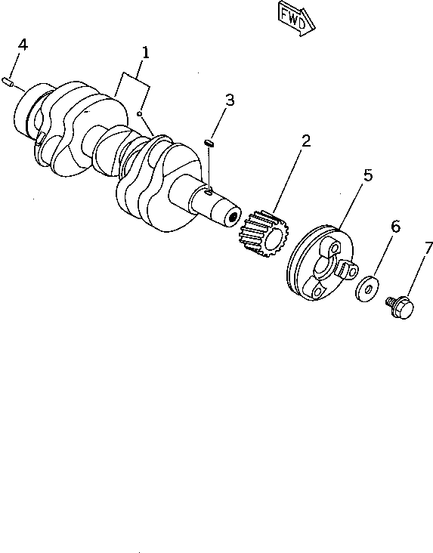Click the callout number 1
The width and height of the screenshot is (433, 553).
[x=145, y=53]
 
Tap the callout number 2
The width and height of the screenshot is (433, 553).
[x=305, y=141]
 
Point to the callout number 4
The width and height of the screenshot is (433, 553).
[x=23, y=45]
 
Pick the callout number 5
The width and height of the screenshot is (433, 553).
[x=367, y=175]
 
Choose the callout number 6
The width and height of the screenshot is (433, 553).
[x=394, y=227]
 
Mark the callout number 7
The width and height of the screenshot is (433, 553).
[x=428, y=247]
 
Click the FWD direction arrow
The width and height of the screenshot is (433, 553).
[x=294, y=17]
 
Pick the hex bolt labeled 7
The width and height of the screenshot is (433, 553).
[x=400, y=307]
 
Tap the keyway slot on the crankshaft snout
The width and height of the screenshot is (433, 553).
[x=209, y=193]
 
